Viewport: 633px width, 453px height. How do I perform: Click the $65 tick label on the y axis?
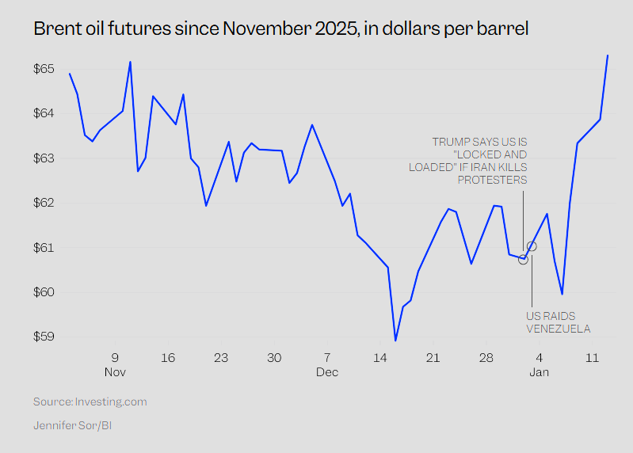44,69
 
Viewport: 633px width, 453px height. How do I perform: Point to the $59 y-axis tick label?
44,337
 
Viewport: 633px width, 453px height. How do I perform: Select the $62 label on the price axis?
44,203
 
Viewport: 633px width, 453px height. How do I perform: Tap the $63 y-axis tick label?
44,158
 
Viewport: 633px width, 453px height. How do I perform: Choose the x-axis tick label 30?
274,358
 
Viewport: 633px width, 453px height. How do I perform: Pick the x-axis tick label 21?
433,358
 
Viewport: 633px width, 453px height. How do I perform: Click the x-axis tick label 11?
592,358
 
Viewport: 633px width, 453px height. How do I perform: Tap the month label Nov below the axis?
115,371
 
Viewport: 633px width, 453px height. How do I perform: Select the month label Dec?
327,371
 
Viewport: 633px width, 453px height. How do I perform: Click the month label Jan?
539,371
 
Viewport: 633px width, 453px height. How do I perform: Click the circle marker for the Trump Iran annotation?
523,259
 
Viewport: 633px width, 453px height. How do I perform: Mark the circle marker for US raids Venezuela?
532,246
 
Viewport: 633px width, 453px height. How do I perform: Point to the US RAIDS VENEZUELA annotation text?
559,322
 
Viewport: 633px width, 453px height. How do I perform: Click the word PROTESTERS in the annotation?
492,180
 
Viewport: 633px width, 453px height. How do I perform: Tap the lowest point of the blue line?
395,341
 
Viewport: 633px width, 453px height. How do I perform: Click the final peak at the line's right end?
607,55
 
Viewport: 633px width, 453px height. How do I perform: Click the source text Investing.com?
111,402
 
